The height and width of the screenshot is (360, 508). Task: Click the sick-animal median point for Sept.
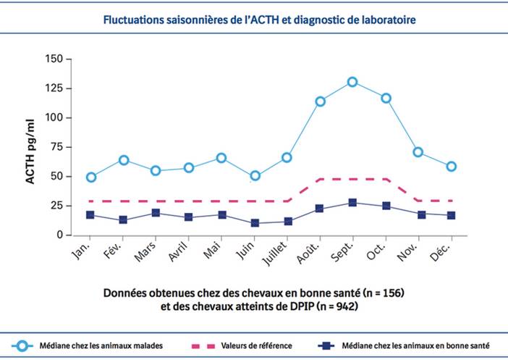tap(352, 82)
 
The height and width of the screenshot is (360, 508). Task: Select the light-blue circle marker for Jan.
tap(91, 177)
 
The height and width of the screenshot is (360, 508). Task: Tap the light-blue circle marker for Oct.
tap(386, 98)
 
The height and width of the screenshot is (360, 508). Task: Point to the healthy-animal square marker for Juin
tap(255, 223)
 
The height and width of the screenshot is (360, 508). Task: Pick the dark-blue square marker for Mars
tap(156, 213)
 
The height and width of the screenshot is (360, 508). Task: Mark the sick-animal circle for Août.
tap(320, 101)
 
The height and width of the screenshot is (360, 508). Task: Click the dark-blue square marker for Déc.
tap(451, 215)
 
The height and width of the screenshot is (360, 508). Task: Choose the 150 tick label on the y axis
tap(54, 59)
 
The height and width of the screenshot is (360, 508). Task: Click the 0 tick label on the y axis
tap(61, 235)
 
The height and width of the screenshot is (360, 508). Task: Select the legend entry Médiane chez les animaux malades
tap(105, 346)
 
